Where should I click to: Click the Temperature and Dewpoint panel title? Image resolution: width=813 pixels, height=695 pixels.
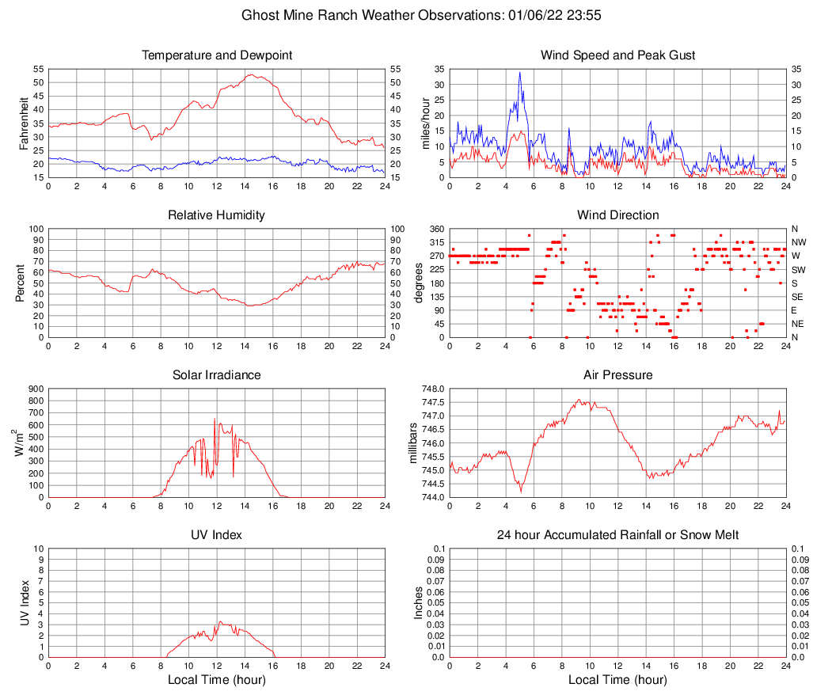click(217, 55)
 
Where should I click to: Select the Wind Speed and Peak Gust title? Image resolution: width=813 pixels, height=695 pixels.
click(617, 55)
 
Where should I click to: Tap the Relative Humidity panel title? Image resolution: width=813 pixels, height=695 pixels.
click(217, 215)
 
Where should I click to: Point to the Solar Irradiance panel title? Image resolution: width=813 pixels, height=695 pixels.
click(217, 375)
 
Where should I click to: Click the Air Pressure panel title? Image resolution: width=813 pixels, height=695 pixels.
click(617, 375)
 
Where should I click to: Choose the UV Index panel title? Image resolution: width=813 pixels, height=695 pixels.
click(217, 535)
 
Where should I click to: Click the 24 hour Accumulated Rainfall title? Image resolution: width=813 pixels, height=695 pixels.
click(617, 535)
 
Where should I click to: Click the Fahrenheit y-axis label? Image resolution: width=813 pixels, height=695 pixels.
click(21, 123)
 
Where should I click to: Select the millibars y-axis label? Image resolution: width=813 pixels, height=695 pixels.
click(412, 442)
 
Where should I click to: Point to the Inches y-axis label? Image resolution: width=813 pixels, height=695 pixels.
click(420, 602)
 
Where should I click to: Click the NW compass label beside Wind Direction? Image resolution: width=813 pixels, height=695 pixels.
click(798, 242)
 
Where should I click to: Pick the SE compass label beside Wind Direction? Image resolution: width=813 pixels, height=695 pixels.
click(798, 297)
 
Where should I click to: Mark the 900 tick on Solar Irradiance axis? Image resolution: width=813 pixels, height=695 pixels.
click(35, 389)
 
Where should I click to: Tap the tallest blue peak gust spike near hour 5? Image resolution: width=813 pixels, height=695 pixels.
click(520, 73)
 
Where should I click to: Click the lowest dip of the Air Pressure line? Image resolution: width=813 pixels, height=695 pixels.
click(521, 492)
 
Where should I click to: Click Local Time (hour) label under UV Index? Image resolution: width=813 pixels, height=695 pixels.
click(217, 680)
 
